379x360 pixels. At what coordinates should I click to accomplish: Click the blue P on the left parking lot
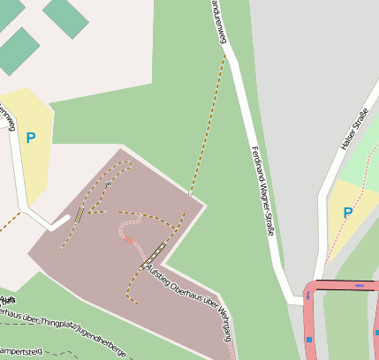coord(31,138)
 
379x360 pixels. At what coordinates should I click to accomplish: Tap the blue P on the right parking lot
coord(347,213)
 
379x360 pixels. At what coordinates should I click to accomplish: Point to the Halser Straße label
coord(353,129)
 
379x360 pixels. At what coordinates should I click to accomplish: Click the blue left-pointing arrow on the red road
coord(360,285)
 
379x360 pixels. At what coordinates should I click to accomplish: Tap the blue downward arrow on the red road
coord(308,296)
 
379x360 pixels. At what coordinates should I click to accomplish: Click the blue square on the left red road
coord(309,339)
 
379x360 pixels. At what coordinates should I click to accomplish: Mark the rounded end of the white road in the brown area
coord(64,221)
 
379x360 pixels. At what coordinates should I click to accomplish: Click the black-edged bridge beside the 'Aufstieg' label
coord(155,251)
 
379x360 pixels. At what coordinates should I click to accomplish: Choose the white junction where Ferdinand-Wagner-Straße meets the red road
coord(296,297)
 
